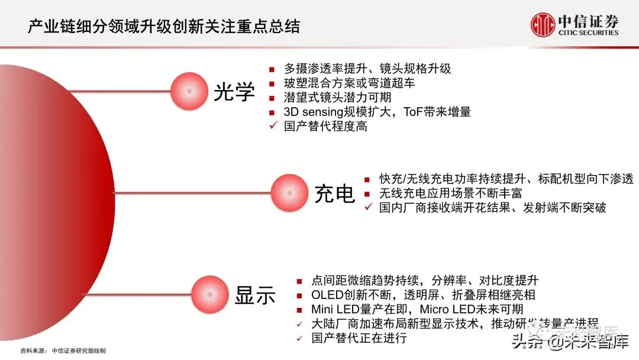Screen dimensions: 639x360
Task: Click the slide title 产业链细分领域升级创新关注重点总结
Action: point(164,26)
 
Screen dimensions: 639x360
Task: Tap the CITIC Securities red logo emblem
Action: point(542,25)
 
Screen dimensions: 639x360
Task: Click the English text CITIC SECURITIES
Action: point(588,33)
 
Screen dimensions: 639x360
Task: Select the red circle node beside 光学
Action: point(189,91)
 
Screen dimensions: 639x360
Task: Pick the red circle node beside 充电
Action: point(290,192)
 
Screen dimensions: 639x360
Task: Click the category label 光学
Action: point(234,92)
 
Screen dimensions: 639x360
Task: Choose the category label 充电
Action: point(334,193)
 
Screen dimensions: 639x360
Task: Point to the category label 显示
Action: point(255,295)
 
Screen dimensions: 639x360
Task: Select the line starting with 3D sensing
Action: point(377,111)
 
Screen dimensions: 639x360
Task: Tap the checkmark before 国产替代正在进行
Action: point(299,338)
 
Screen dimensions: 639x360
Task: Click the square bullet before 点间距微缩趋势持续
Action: point(299,281)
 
